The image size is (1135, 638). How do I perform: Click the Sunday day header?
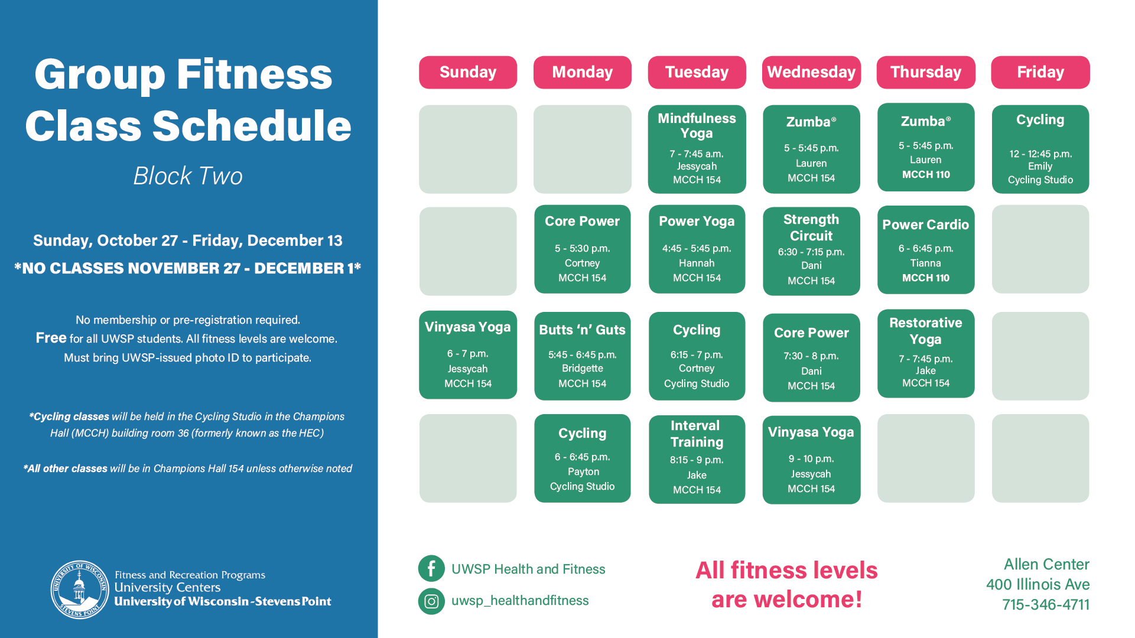point(468,72)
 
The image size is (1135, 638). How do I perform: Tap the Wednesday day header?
point(811,72)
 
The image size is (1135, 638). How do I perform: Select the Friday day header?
point(1040,72)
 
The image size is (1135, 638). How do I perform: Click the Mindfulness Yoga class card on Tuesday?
point(697,149)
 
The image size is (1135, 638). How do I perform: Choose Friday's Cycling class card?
point(1040,149)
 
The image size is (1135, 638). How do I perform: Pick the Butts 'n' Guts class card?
point(583,356)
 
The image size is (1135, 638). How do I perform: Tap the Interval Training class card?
point(697,459)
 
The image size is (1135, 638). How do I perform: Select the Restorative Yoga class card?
point(926,353)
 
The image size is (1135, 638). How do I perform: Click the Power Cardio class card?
point(926,249)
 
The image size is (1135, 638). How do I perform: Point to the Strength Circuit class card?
point(811,250)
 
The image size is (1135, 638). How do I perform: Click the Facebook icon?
point(431,569)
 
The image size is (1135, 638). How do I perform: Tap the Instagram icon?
point(431,601)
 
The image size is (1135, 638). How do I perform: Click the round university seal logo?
point(80,590)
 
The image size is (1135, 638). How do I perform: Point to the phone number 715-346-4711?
point(1046,604)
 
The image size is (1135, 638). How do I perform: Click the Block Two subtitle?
point(188,176)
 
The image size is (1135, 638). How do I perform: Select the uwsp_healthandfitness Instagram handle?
point(520,601)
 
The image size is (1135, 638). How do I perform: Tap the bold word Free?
point(51,338)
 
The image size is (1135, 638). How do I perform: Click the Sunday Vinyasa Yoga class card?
point(468,354)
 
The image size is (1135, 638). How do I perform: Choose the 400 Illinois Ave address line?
point(1038,584)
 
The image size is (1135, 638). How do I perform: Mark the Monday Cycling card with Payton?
point(583,458)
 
